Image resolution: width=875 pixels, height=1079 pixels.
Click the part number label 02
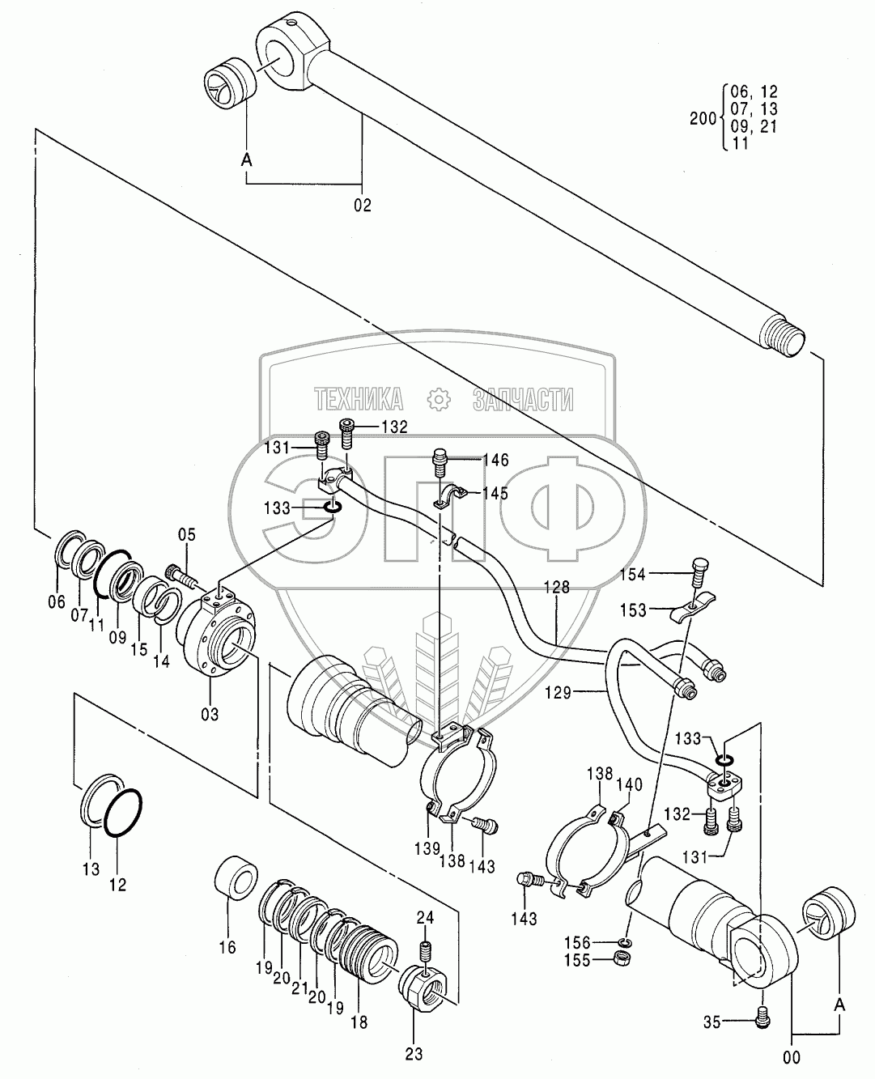[362, 206]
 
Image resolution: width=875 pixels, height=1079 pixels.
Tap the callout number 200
[703, 118]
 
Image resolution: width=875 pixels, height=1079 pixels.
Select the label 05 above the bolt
[187, 534]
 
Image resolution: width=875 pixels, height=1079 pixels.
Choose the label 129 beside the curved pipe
[580, 692]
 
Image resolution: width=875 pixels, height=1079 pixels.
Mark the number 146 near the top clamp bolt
[495, 461]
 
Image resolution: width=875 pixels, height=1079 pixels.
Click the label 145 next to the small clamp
[495, 493]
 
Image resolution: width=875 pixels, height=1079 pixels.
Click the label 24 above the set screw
[427, 917]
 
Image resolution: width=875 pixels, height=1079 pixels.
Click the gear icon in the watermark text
[438, 399]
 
